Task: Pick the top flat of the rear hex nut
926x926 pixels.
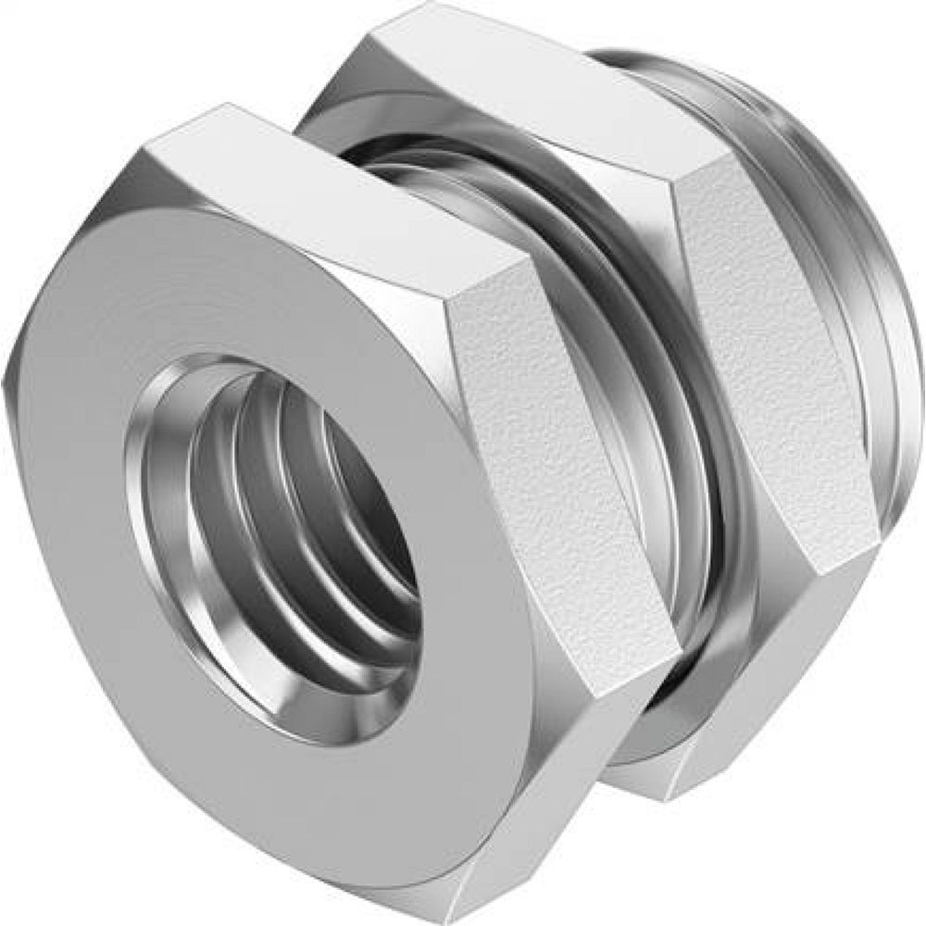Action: tap(519, 93)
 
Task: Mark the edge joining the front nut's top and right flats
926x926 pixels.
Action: tap(482, 287)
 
